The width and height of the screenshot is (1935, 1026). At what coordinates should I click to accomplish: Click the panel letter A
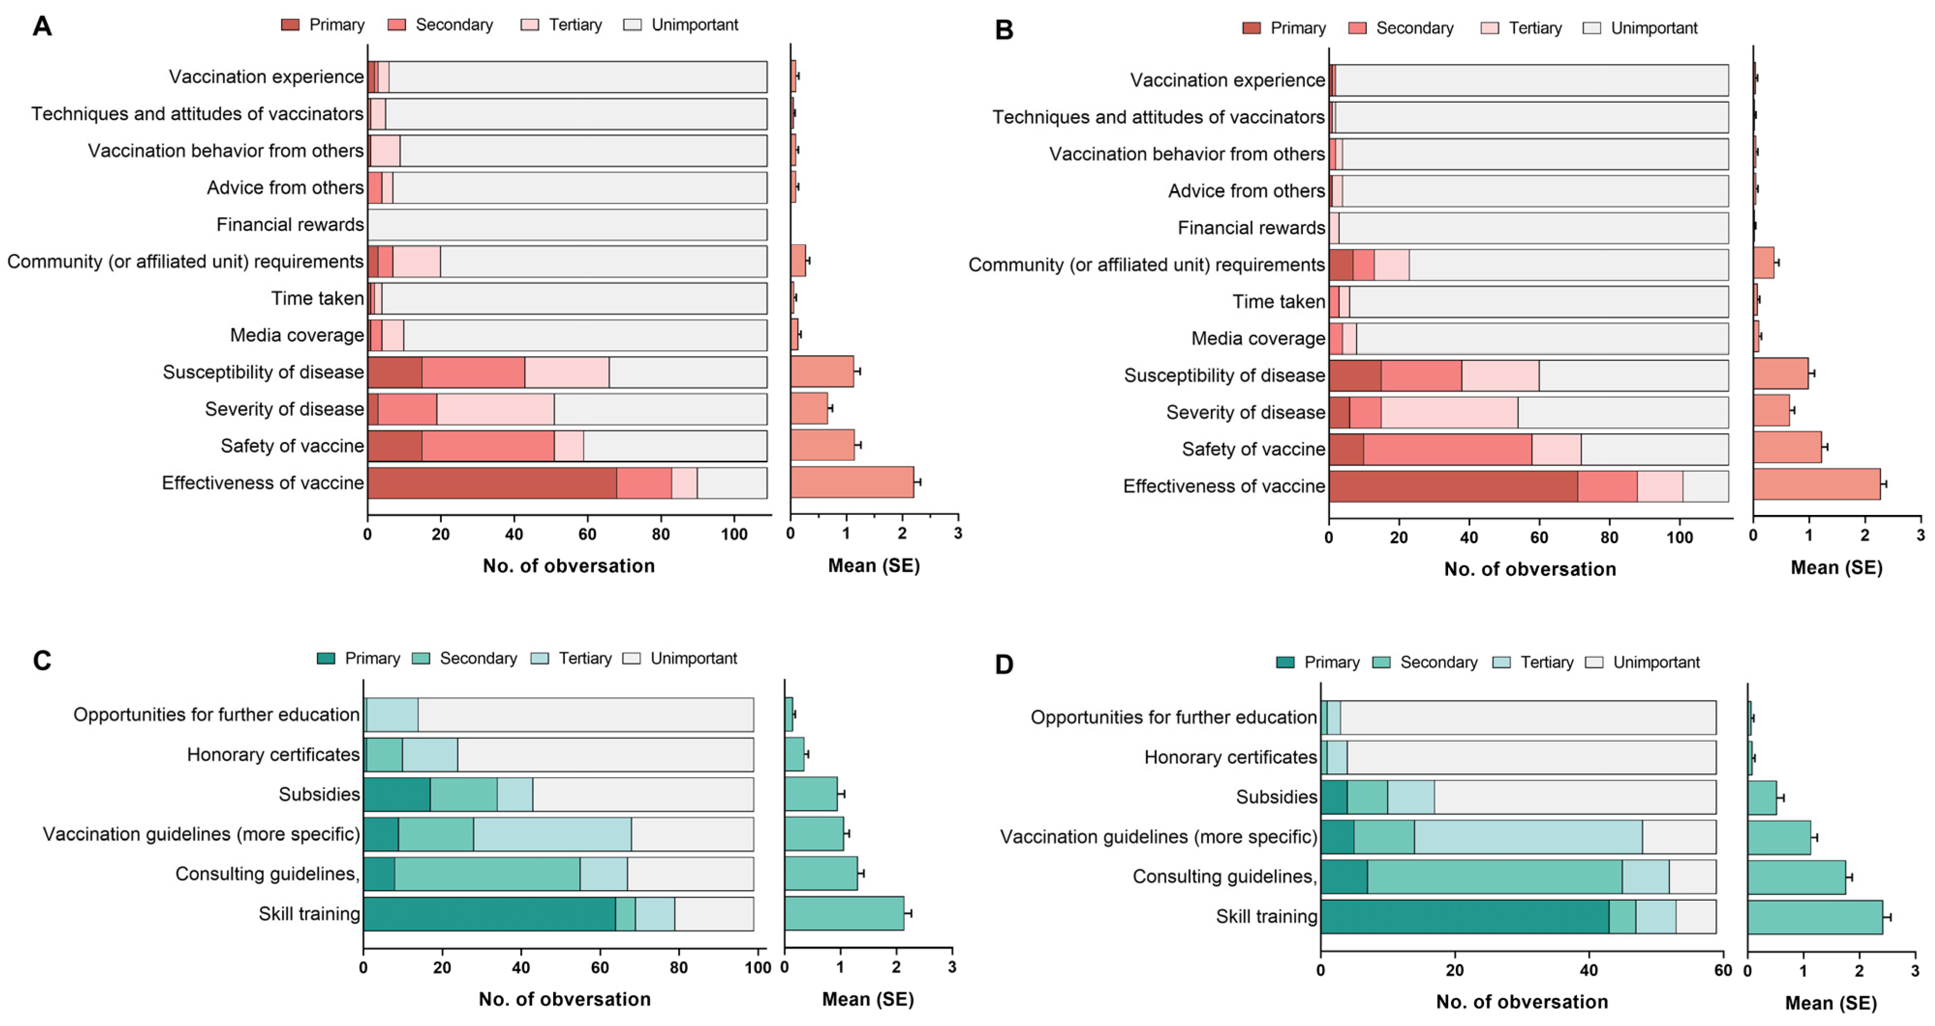tap(42, 26)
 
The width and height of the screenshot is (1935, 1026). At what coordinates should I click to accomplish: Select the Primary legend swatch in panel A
tap(290, 25)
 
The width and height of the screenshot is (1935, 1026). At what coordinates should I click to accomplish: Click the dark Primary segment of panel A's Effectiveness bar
tap(492, 483)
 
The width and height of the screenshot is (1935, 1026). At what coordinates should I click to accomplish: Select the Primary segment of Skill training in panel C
tap(489, 914)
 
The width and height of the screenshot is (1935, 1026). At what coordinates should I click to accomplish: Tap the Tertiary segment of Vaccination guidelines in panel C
tap(552, 834)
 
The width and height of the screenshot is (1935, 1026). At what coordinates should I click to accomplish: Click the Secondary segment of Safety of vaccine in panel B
tap(1448, 449)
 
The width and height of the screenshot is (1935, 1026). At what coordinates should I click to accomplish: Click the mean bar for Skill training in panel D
tap(1815, 917)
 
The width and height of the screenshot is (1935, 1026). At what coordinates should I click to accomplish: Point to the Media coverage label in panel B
tap(1258, 339)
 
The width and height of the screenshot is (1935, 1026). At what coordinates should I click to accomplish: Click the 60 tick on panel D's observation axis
tap(1723, 970)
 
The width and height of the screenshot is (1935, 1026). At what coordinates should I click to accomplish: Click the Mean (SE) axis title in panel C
tap(868, 999)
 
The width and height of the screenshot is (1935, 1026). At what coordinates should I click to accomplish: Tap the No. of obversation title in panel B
tap(1529, 569)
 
